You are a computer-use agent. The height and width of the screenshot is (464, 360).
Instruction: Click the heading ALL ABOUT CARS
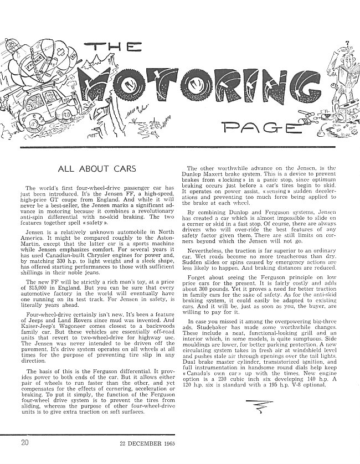(x=98, y=168)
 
